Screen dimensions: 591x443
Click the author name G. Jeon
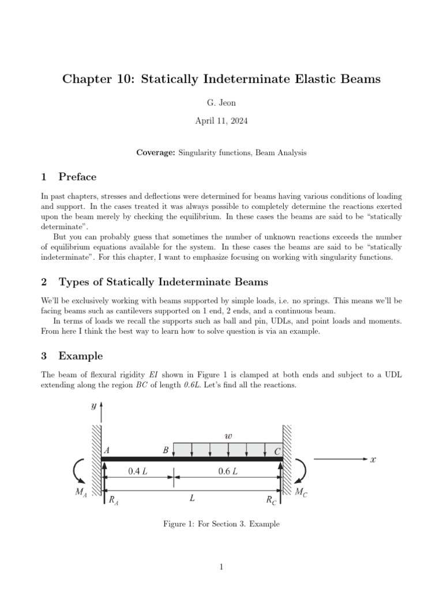(x=221, y=102)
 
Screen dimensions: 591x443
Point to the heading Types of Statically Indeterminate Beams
(x=163, y=282)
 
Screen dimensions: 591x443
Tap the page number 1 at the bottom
(x=221, y=567)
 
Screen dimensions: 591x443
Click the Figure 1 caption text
(x=221, y=524)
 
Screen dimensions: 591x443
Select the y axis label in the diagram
(x=93, y=406)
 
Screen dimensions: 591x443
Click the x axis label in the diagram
(x=373, y=459)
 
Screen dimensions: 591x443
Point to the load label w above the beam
(x=228, y=436)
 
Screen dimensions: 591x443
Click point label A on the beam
(x=107, y=450)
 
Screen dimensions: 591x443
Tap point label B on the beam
(x=166, y=450)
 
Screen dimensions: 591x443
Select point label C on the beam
(x=277, y=451)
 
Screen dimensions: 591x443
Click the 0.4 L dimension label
(x=137, y=472)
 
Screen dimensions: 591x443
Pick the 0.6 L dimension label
(x=228, y=472)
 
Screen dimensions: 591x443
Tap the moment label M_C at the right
(x=301, y=492)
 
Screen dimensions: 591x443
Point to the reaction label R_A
(x=114, y=500)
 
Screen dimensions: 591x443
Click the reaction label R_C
(x=271, y=500)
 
